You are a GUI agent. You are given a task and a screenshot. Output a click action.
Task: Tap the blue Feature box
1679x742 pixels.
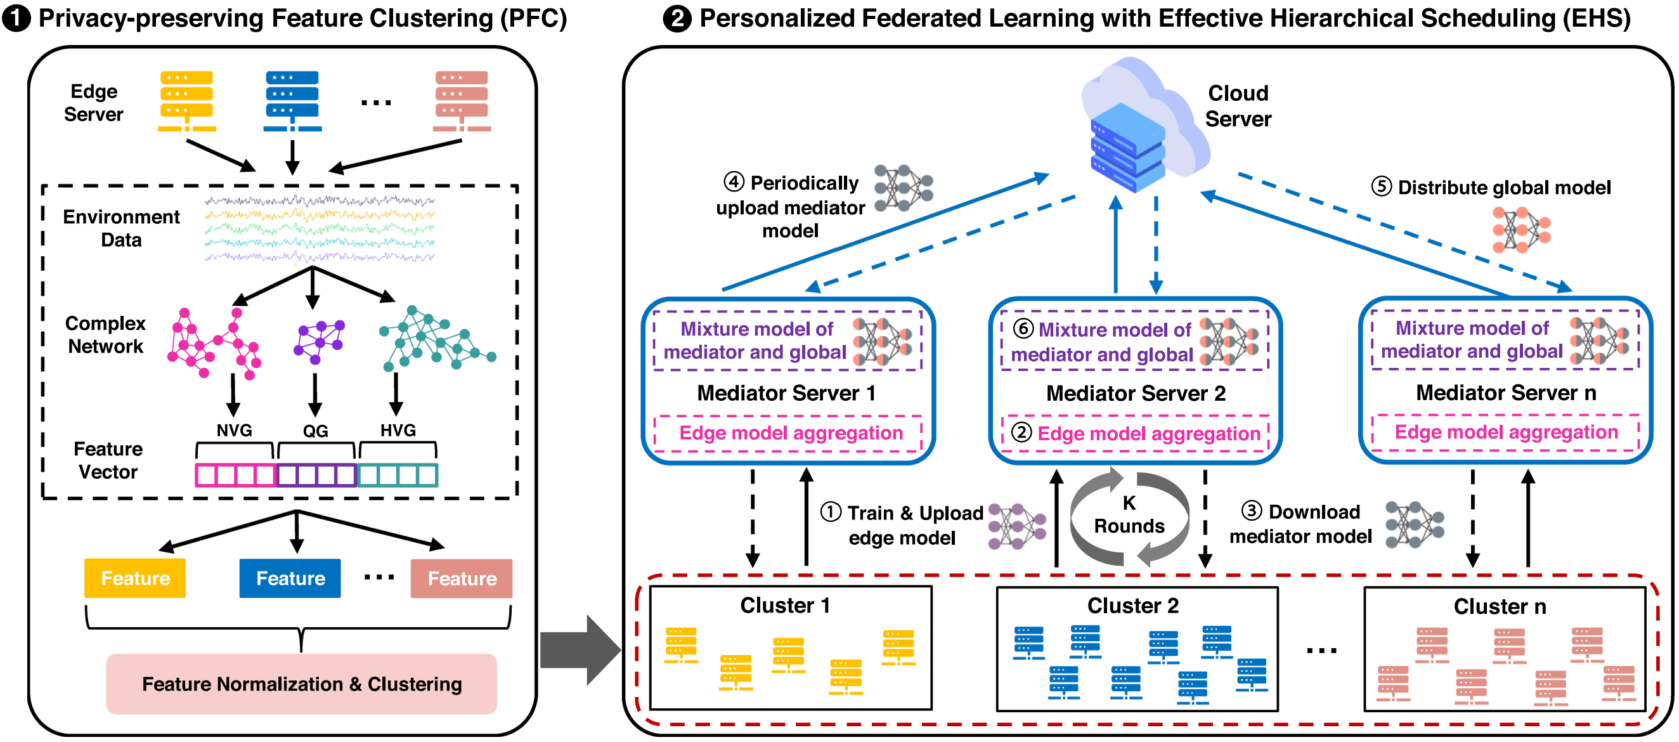point(290,578)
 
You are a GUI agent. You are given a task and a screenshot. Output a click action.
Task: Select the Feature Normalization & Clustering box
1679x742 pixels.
point(301,683)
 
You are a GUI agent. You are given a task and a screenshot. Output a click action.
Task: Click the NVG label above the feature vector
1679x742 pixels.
point(234,431)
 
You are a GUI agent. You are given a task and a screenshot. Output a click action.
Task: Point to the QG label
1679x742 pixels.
point(316,431)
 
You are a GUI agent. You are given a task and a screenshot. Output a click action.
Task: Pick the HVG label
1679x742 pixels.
point(398,431)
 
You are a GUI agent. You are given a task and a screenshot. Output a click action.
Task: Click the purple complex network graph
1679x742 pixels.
point(319,341)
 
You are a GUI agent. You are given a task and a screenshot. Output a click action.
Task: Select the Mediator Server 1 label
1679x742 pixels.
point(786,393)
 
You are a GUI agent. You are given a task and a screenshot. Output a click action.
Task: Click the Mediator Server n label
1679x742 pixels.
point(1506,393)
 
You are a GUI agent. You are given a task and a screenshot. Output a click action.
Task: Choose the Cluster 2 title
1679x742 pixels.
point(1133,606)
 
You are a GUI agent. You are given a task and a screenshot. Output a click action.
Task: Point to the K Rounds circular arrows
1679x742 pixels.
point(1129,516)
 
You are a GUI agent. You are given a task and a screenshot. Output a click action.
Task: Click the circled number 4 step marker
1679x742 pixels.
point(734,182)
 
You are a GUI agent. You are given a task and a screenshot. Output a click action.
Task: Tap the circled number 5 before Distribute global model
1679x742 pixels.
point(1381,186)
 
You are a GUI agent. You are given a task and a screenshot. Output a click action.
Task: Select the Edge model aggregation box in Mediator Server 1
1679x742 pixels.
point(790,433)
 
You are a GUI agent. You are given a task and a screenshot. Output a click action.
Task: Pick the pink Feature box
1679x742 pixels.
point(462,578)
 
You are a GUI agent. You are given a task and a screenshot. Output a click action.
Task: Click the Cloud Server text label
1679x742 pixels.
point(1238,107)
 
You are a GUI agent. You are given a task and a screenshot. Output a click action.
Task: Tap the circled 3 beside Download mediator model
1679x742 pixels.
point(1252,511)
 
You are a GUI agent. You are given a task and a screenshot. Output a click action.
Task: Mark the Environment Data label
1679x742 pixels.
point(121,228)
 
